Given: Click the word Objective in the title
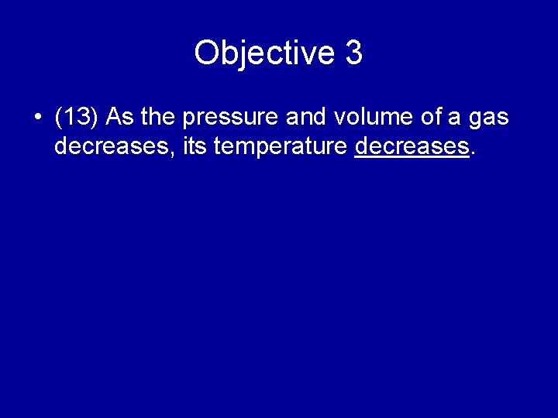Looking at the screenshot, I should click(x=263, y=53).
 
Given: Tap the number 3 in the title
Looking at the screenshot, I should click(x=353, y=53).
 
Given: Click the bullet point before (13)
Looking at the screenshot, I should click(x=38, y=118).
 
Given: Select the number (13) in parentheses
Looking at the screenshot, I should click(x=77, y=118).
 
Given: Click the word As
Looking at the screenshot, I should click(x=120, y=118).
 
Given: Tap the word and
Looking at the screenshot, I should click(x=307, y=118).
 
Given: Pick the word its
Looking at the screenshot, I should click(x=195, y=146).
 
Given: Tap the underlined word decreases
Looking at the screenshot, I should click(x=412, y=146).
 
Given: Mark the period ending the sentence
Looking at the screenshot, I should click(x=473, y=152).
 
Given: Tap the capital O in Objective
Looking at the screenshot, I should click(x=206, y=53).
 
